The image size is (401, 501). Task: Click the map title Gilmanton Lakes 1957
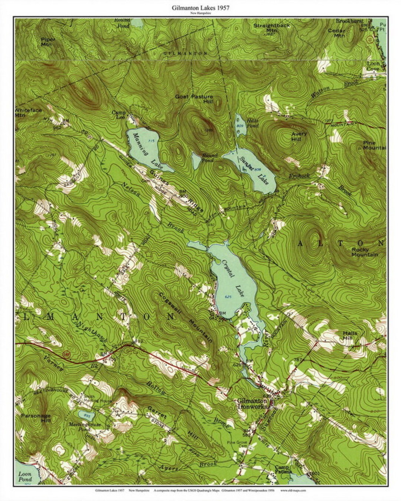point(200,7)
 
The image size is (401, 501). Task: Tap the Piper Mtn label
point(48,42)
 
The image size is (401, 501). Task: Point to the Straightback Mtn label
point(271,28)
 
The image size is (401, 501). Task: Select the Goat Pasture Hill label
point(194,99)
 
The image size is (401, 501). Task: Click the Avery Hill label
point(299,136)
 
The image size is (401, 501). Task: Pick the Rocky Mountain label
point(364,252)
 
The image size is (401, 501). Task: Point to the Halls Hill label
point(350,335)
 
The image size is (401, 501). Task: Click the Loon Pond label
point(25,476)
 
